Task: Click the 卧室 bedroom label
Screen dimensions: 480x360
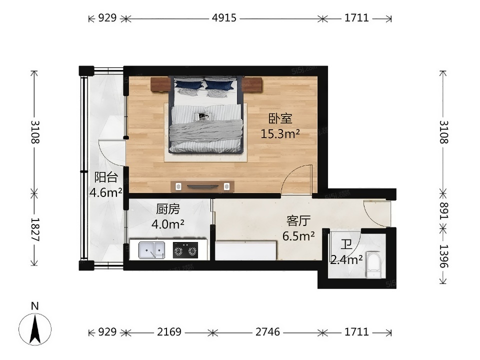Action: (x=280, y=118)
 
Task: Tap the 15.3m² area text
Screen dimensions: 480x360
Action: (x=280, y=134)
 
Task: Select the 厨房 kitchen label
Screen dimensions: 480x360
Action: (x=168, y=209)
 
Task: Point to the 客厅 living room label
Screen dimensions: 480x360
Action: (x=298, y=220)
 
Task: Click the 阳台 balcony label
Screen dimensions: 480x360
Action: (x=106, y=177)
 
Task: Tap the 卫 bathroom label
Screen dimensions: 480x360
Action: (x=346, y=245)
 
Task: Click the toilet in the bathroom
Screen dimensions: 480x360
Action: (x=373, y=265)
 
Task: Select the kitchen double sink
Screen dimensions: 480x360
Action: (x=152, y=250)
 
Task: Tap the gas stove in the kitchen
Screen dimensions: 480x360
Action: (x=185, y=250)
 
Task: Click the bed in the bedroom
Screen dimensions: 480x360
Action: (x=206, y=115)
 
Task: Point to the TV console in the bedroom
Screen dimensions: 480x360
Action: (x=202, y=186)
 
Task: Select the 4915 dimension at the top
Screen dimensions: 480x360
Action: (x=224, y=18)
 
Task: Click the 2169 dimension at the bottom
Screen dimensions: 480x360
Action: (x=169, y=332)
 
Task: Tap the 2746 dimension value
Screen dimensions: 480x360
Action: (x=268, y=332)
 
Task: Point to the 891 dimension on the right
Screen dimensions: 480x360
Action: (x=443, y=211)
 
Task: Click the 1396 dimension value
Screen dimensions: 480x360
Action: (x=443, y=256)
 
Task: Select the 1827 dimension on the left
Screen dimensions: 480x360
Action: (x=34, y=229)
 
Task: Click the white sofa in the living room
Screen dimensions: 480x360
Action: (x=245, y=250)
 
